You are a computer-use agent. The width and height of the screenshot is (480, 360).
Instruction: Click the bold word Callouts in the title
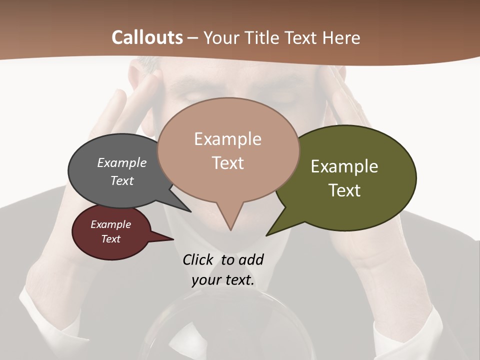(147, 37)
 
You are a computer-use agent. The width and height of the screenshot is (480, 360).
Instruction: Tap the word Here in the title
(341, 37)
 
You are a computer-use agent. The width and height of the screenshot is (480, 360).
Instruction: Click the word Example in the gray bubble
(122, 162)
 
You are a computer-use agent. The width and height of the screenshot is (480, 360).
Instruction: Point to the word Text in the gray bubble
(122, 180)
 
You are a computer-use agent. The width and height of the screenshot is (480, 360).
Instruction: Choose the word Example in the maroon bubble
(111, 224)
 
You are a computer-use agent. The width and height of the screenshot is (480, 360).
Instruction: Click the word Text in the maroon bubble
(111, 239)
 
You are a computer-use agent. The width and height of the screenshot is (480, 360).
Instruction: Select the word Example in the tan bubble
(227, 139)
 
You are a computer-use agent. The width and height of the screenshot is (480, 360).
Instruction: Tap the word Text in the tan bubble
(228, 163)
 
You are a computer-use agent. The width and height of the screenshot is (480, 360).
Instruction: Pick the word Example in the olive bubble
(344, 166)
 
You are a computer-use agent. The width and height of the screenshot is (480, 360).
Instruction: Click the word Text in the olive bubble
(345, 190)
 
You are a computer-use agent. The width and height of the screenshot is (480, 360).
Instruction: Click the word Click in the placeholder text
(198, 259)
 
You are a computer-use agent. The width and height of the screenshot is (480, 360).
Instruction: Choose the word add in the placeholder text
(250, 259)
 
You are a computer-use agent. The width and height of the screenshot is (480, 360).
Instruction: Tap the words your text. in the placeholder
(223, 280)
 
